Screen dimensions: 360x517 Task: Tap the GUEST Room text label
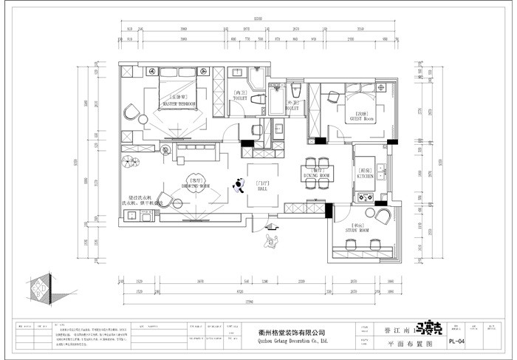pos(360,118)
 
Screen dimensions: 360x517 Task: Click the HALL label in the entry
pos(263,189)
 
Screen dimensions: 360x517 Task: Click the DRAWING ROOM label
pos(195,186)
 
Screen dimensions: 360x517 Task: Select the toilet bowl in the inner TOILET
pos(258,99)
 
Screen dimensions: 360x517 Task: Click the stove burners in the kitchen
pos(365,197)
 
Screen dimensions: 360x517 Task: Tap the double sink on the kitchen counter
pos(381,174)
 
